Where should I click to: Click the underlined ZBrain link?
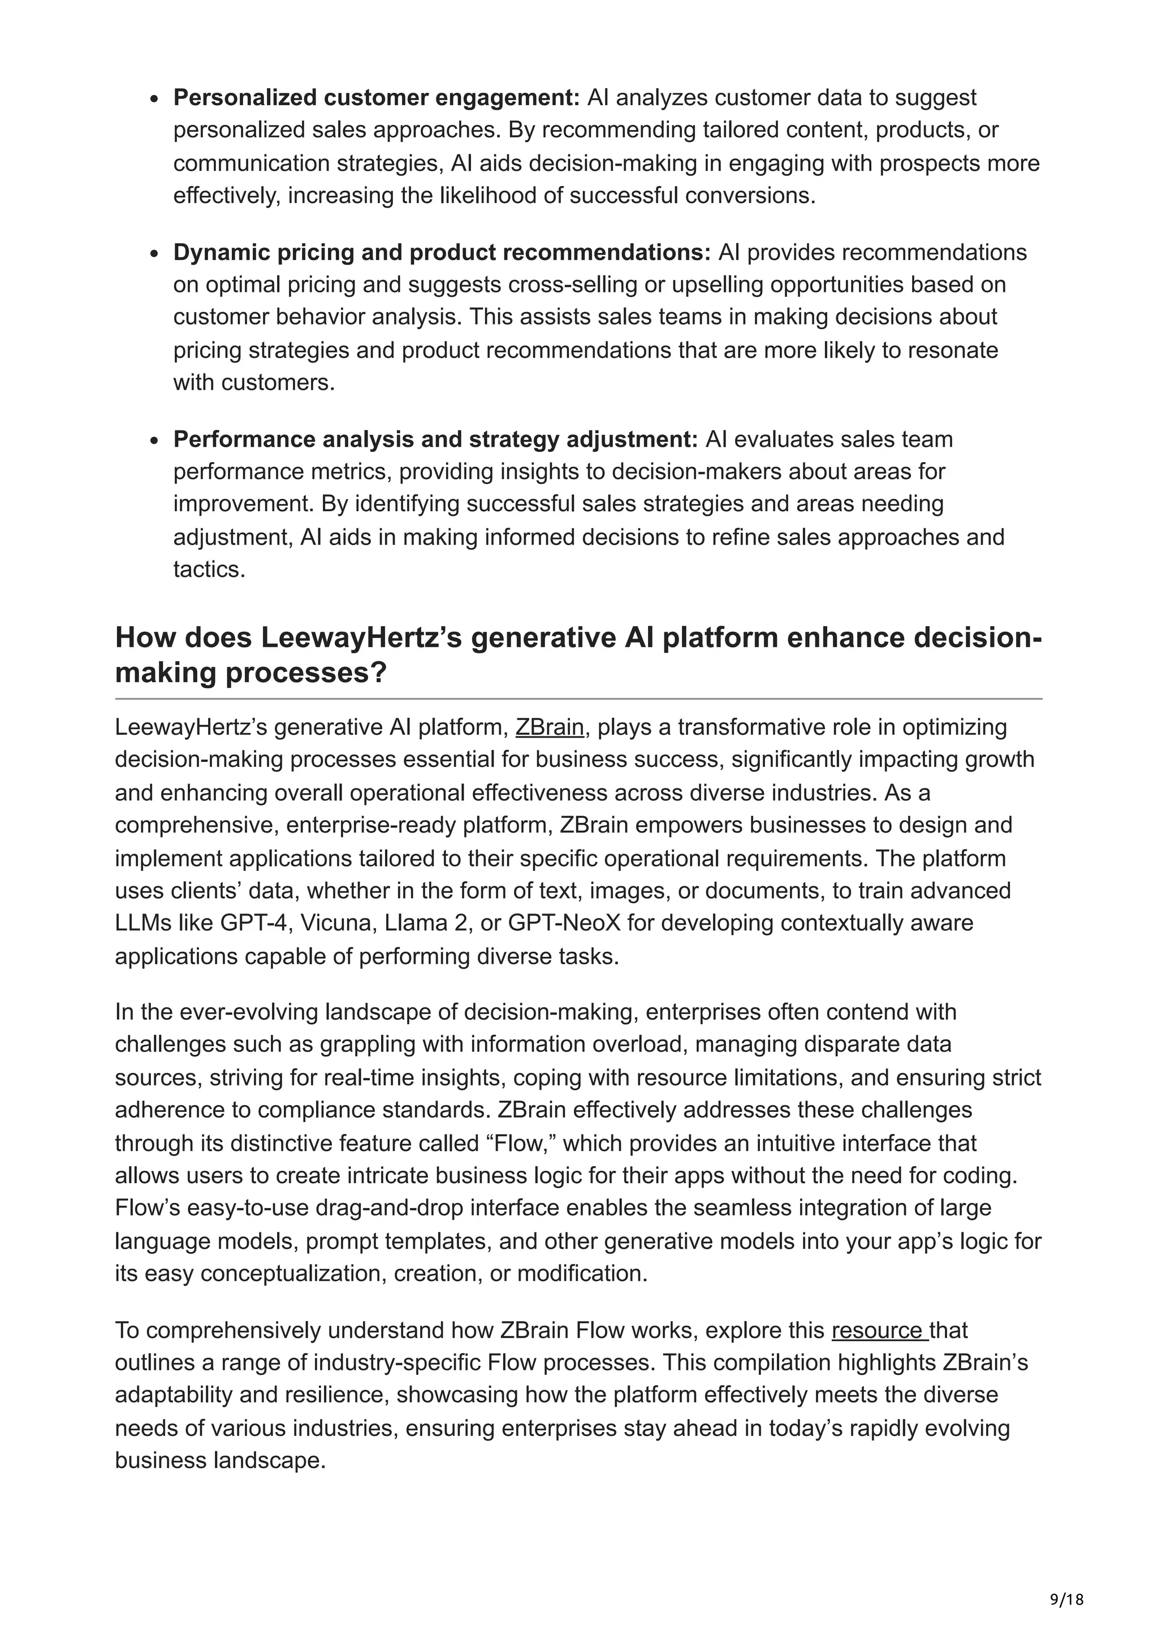click(550, 727)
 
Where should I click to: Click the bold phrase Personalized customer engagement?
click(377, 98)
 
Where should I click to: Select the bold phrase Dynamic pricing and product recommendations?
click(442, 253)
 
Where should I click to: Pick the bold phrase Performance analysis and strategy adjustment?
click(435, 440)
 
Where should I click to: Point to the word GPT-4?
click(253, 923)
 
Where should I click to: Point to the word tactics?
click(209, 570)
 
